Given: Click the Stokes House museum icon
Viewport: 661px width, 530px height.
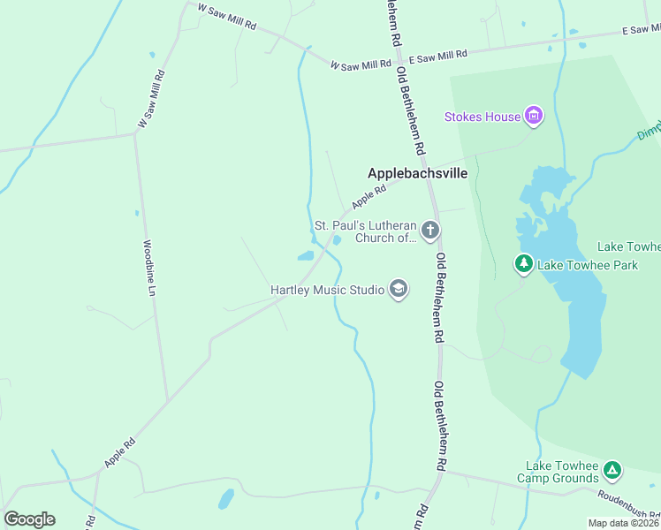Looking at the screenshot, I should (x=533, y=116).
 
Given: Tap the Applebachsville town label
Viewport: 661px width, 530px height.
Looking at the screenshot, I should (x=417, y=174).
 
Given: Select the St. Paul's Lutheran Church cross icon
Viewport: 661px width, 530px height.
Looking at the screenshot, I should (x=430, y=231).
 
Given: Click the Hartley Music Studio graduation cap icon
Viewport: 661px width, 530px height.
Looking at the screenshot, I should (x=399, y=290).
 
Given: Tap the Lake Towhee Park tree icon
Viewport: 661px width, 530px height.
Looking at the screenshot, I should (x=524, y=263).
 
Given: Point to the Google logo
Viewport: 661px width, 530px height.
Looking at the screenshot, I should (x=29, y=519).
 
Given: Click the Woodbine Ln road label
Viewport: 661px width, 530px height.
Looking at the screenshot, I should (x=149, y=267).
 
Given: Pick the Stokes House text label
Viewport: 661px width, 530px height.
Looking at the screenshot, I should (x=482, y=117).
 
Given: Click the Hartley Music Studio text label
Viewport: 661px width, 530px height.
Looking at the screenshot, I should (x=327, y=290).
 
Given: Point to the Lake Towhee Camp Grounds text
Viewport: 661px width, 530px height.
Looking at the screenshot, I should (x=562, y=472).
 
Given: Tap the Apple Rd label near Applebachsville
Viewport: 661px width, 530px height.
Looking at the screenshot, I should (x=369, y=196).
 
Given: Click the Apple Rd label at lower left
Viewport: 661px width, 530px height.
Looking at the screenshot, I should (x=119, y=452).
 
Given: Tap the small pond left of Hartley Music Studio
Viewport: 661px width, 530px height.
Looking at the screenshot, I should (x=306, y=256).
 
